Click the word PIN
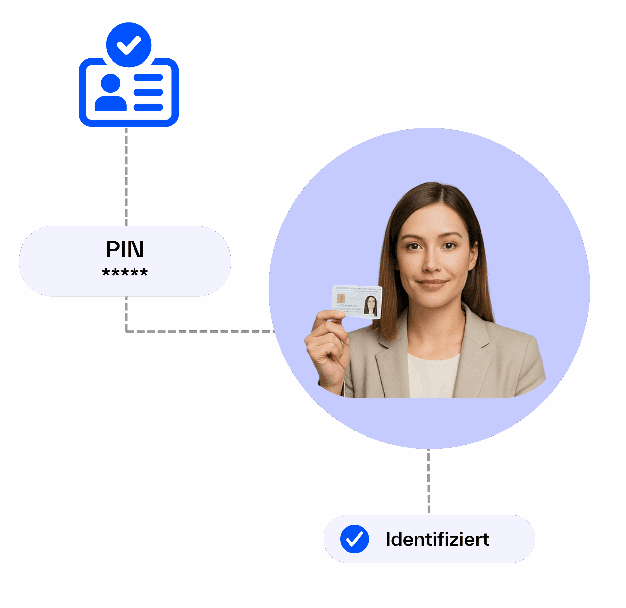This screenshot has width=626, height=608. click(125, 249)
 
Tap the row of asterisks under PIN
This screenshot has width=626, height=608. click(125, 272)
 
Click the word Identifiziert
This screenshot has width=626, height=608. click(437, 540)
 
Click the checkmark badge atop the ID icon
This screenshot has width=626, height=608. click(129, 45)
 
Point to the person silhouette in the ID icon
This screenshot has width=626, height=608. click(111, 93)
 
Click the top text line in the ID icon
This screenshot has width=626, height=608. click(148, 77)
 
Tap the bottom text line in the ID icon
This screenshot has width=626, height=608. click(148, 107)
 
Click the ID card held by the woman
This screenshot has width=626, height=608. click(357, 302)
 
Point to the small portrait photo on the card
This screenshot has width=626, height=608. click(371, 306)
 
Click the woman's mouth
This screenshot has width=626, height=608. click(432, 283)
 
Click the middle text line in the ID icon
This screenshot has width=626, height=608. click(148, 92)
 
